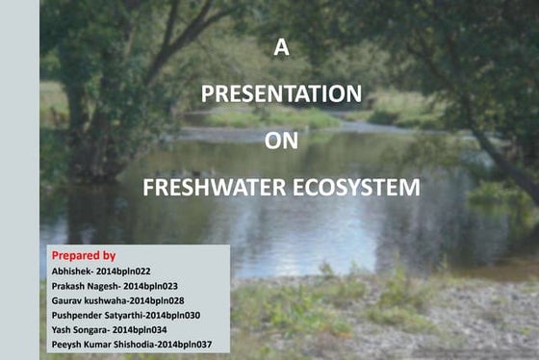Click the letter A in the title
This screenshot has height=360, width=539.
pyautogui.click(x=281, y=49)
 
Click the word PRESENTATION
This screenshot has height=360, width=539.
pyautogui.click(x=281, y=94)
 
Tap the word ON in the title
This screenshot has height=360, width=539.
pyautogui.click(x=281, y=141)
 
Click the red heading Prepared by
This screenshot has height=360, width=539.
pyautogui.click(x=83, y=256)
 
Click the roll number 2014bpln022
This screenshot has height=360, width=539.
pyautogui.click(x=124, y=271)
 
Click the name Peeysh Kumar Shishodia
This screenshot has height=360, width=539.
pyautogui.click(x=101, y=344)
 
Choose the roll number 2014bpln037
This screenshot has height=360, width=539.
pyautogui.click(x=186, y=344)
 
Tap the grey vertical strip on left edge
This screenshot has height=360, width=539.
pyautogui.click(x=19, y=180)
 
